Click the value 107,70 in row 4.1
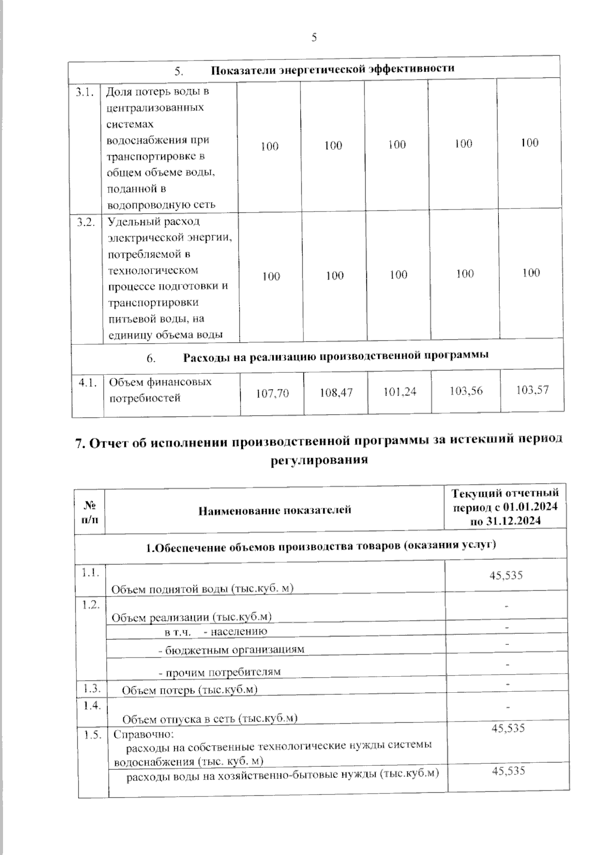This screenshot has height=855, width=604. (x=272, y=393)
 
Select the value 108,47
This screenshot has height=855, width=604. (x=336, y=392)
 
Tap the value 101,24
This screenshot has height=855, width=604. (x=400, y=391)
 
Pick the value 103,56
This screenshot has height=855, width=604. (x=466, y=390)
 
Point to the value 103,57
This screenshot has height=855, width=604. (x=533, y=389)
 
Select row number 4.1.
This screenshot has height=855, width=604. (x=88, y=383)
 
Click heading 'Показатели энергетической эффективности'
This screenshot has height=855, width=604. (x=332, y=69)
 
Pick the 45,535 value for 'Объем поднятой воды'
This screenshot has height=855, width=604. (x=506, y=575)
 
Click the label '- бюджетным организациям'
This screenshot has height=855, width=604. (x=232, y=649)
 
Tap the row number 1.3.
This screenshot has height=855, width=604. (x=92, y=687)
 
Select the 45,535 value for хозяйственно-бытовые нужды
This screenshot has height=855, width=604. (x=508, y=770)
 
